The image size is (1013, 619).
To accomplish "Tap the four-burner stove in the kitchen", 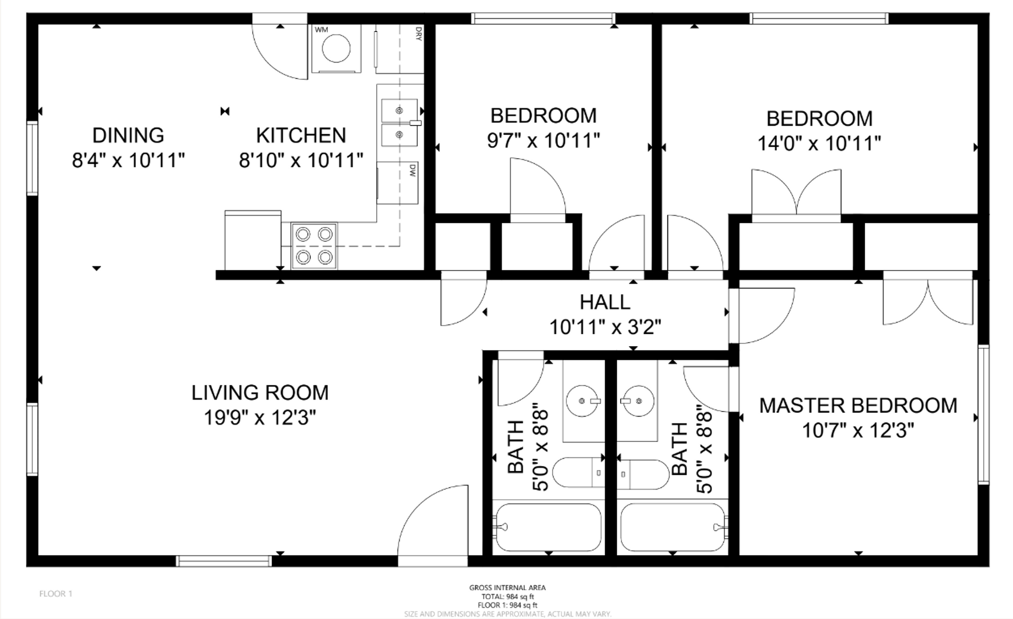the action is click(314, 246).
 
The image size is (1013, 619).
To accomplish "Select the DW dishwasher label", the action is click(412, 170).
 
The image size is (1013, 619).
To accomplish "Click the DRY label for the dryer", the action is click(419, 33).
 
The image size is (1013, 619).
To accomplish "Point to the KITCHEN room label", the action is click(301, 135).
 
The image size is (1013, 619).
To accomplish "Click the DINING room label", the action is click(128, 135).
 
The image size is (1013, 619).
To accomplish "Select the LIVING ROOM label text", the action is click(260, 393).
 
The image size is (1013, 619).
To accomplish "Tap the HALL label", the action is click(605, 302).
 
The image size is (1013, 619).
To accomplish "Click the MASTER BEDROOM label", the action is click(858, 405).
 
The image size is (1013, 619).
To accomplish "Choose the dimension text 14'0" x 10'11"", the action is click(819, 143).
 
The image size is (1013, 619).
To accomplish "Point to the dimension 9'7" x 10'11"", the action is click(543, 140).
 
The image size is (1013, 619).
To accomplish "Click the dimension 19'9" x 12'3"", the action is click(260, 418).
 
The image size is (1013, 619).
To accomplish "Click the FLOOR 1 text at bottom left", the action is click(56, 594).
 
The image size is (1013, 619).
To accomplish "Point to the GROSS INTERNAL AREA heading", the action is click(507, 587).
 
